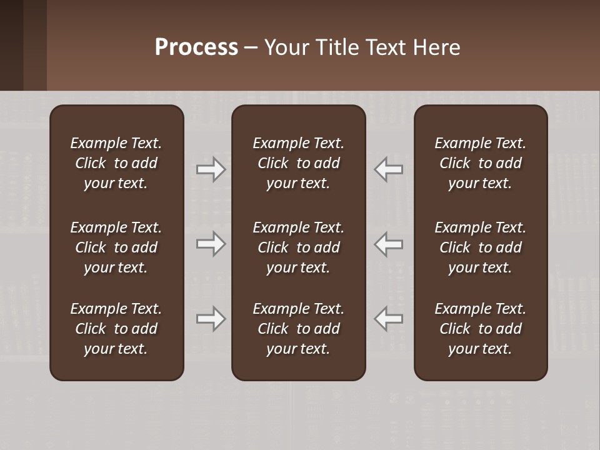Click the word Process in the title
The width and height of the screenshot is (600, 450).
click(196, 47)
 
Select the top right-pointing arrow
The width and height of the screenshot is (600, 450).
click(211, 169)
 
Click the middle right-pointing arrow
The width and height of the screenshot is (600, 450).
click(211, 244)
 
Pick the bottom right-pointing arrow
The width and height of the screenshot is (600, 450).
click(211, 319)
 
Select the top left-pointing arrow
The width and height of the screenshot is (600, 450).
click(388, 169)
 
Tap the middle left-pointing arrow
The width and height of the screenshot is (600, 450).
click(388, 244)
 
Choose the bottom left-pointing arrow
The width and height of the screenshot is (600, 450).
click(388, 319)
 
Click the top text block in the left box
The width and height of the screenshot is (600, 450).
click(116, 163)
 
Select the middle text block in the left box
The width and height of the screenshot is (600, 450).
click(116, 247)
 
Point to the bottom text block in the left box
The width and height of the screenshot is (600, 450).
click(116, 329)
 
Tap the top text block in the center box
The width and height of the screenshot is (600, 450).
click(299, 163)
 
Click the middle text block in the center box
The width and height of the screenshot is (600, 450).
click(299, 247)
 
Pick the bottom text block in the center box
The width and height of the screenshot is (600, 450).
click(299, 329)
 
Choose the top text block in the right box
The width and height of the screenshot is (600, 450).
click(481, 163)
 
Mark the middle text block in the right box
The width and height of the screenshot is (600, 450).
click(481, 247)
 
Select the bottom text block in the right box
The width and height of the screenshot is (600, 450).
click(481, 329)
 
